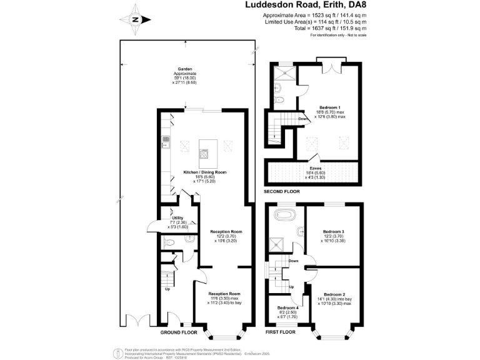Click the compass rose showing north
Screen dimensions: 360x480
click(136, 19)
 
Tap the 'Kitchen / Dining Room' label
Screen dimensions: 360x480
click(204, 172)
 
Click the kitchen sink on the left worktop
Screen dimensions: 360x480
click(166, 147)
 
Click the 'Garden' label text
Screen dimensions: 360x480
click(184, 69)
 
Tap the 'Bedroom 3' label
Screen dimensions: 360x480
click(334, 231)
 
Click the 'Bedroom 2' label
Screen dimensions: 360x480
click(335, 294)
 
